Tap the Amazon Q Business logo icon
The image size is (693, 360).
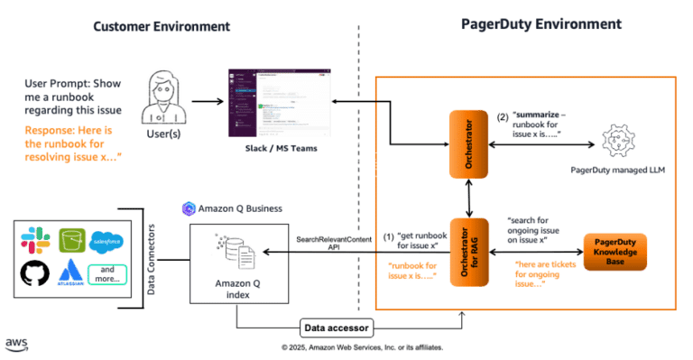click(188, 208)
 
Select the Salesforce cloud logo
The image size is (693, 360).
click(106, 241)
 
